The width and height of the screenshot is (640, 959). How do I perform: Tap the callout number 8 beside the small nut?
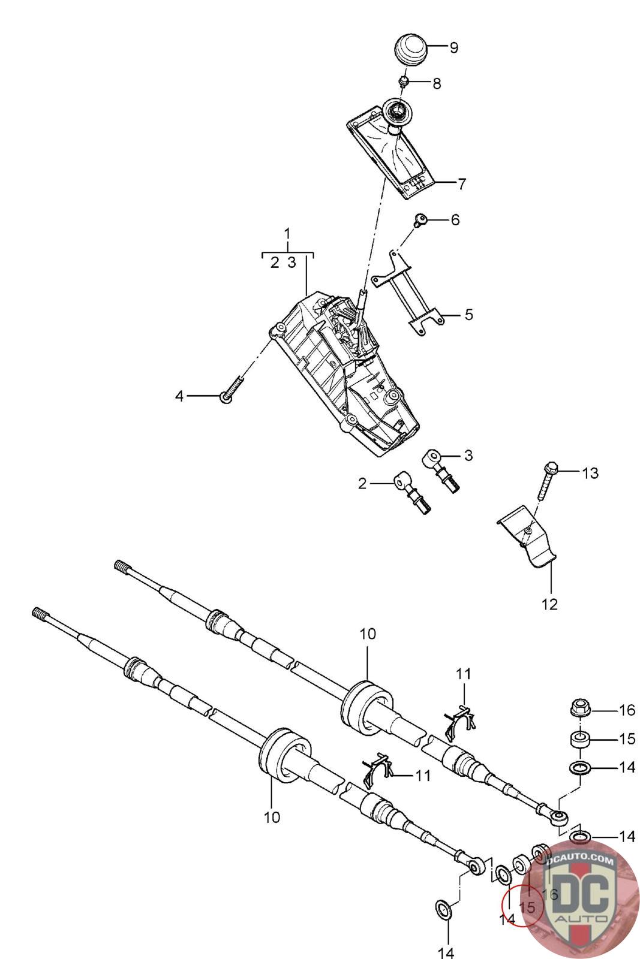(x=436, y=83)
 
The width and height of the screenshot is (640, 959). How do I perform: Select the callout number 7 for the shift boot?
(x=461, y=184)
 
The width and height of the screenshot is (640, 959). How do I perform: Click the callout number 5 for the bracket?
(x=468, y=314)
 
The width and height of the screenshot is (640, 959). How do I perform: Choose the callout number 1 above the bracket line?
(x=287, y=233)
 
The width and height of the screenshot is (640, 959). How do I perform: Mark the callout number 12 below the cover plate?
(x=549, y=604)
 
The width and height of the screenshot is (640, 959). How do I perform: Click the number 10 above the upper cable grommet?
(x=368, y=634)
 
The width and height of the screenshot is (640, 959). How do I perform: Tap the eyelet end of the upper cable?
(x=560, y=816)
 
